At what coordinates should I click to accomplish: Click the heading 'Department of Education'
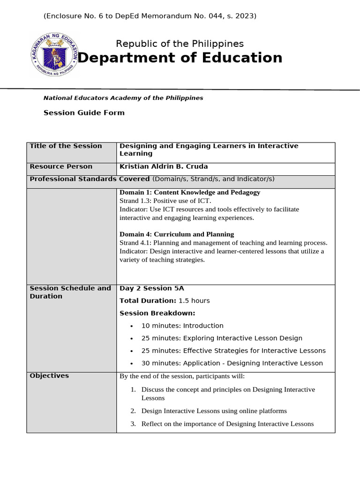pos(180,58)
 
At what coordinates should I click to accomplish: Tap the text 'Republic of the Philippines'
pos(180,44)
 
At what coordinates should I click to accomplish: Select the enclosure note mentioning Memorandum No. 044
pos(150,16)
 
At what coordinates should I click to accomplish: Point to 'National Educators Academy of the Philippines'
pos(123,98)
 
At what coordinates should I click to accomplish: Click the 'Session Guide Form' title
pos(84,112)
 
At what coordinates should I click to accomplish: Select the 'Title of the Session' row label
pos(66,146)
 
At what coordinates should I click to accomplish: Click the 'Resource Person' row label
pos(61,166)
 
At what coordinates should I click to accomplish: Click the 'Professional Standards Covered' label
pos(90,179)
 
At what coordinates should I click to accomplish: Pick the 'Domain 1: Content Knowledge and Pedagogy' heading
pos(190,192)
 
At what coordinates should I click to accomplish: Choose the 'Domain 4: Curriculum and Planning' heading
pos(177,234)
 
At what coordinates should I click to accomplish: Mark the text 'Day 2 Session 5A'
pos(152,288)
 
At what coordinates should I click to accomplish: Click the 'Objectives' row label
pos(49,375)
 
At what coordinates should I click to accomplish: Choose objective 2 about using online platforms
pos(214,411)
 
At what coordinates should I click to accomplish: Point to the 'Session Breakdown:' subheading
pos(157,313)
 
